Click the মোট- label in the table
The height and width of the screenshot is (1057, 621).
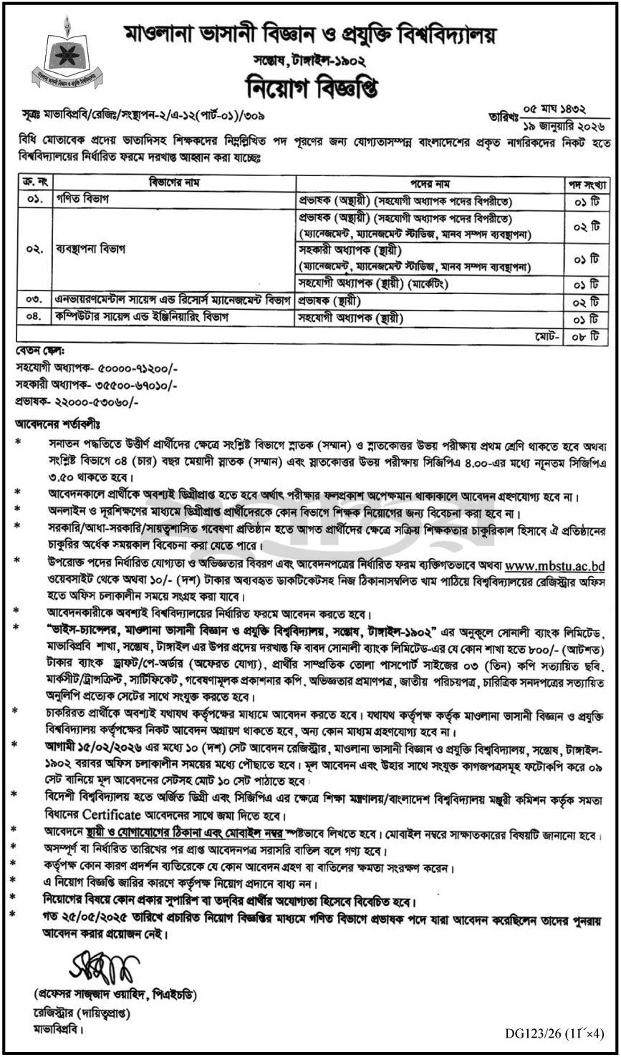coord(549,334)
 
